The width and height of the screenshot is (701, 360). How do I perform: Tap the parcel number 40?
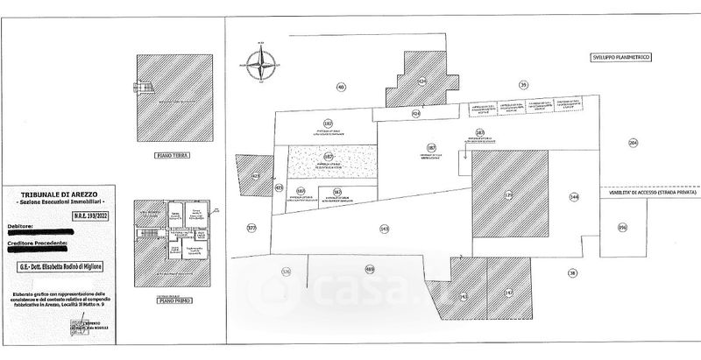coord(341,86)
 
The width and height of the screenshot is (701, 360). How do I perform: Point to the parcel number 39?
coord(523,84)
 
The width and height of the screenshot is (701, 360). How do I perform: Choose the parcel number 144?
coord(574,198)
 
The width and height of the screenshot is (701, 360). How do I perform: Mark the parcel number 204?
coord(634,142)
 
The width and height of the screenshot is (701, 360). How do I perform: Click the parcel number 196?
coord(623,227)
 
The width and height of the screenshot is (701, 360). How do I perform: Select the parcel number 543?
coord(384,229)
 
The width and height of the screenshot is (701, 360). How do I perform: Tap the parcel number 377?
coord(252,228)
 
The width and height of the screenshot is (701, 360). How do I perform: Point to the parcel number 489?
coord(369,269)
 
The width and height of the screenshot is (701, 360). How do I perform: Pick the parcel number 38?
coord(572,272)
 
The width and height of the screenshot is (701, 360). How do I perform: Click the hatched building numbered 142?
coord(507,292)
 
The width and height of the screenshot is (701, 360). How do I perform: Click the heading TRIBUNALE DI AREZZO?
coord(61,194)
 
